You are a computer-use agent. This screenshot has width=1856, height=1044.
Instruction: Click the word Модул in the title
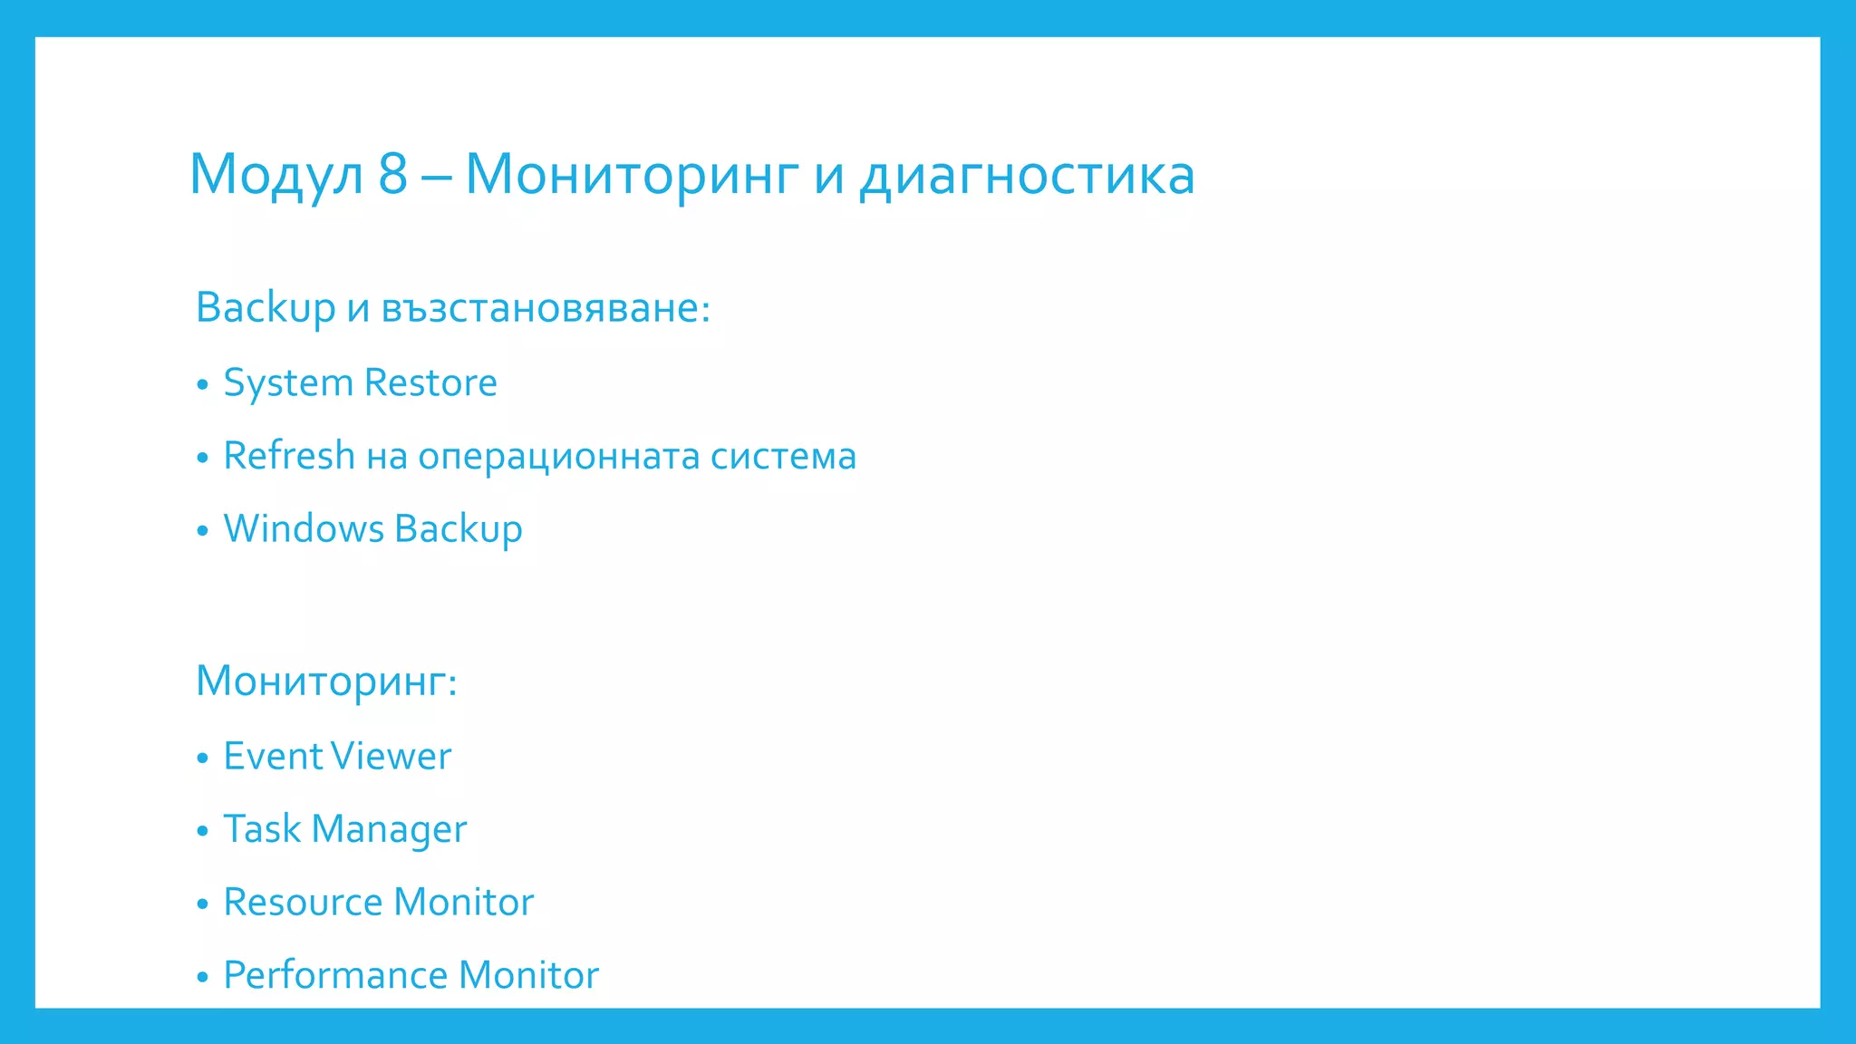coord(275,174)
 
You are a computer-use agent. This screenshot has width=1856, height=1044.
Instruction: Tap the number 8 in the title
coord(392,174)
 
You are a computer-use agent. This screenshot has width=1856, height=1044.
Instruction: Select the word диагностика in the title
coord(1027,174)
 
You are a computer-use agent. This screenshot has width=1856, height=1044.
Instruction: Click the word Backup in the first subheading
coord(266,308)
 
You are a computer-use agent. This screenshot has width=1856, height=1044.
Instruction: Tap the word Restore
coord(430,382)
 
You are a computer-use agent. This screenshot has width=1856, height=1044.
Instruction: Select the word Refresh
coord(289,456)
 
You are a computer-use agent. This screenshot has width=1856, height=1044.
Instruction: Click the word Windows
coord(304,529)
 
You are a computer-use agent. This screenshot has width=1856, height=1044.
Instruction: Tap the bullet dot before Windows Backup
coord(202,531)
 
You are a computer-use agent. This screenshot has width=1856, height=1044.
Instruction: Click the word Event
coord(272,757)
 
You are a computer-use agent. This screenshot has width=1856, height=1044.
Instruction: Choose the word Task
coord(262,829)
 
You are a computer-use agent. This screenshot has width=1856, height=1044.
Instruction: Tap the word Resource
coord(303,903)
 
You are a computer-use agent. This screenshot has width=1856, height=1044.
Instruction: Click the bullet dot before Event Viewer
coord(202,759)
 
